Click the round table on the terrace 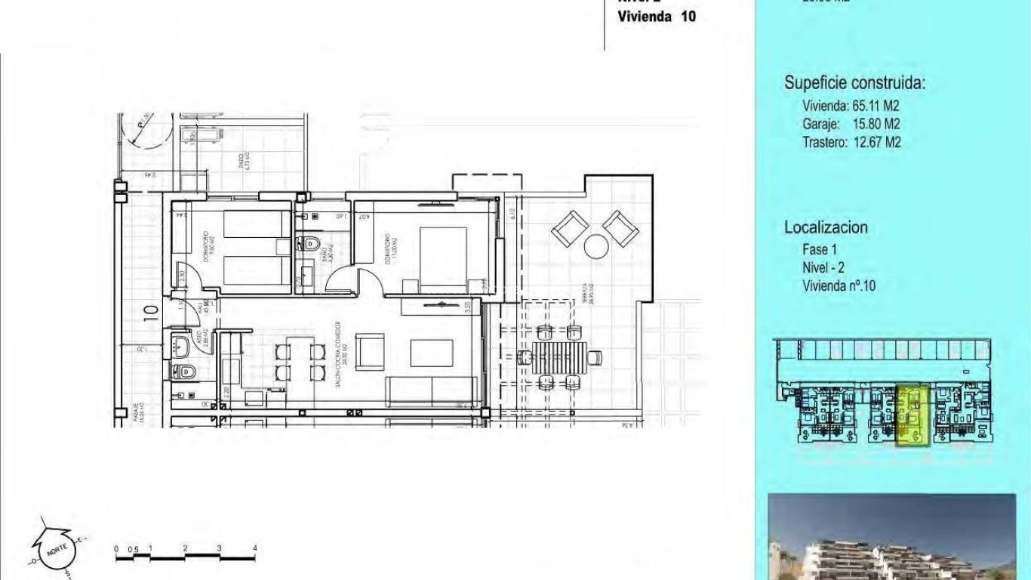tap(596, 246)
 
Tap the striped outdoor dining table tap(559, 354)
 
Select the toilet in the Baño tap(310, 243)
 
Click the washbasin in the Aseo tap(182, 347)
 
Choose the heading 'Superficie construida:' tap(854, 83)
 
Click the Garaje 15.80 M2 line tap(851, 124)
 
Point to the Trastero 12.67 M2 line tap(851, 142)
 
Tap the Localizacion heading tap(826, 227)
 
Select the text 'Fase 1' tap(820, 249)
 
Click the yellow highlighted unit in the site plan tap(913, 415)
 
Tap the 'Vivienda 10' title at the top tap(657, 17)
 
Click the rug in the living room tap(431, 353)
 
